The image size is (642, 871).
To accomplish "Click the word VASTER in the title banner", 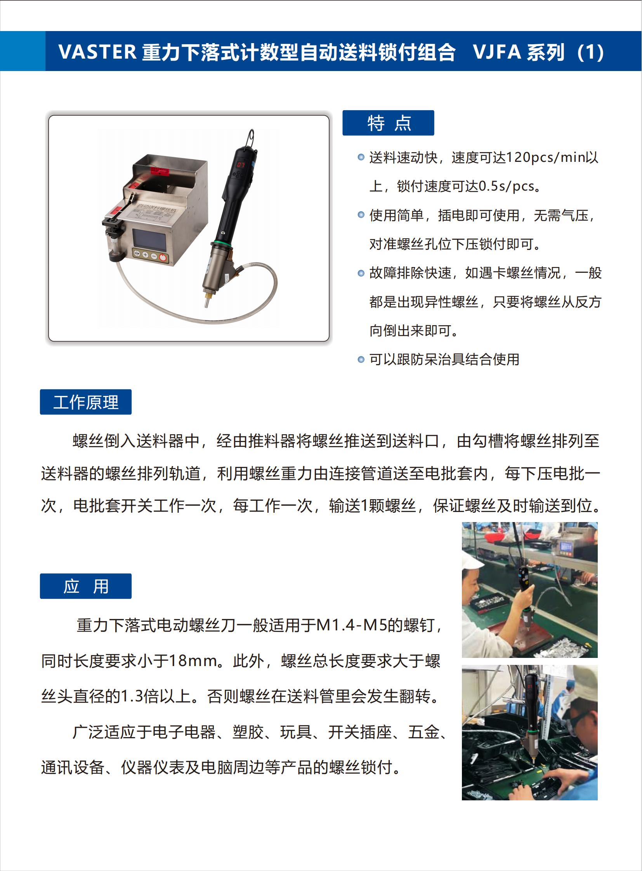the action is (x=97, y=52).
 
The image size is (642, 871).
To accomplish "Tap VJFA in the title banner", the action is (x=497, y=52).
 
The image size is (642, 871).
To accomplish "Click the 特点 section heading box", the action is (x=388, y=123).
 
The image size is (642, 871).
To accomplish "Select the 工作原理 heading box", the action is (x=86, y=402).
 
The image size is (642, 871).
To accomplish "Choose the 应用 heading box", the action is (x=86, y=586).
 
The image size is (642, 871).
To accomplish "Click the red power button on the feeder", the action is (x=163, y=257).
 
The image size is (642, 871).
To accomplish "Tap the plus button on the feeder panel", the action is (x=145, y=255).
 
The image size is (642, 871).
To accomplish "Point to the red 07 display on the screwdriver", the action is (x=241, y=165).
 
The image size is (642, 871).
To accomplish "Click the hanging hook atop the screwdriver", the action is (x=251, y=138).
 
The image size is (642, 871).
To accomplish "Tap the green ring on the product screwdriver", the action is (x=221, y=245).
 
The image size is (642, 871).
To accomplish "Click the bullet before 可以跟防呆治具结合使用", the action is (x=361, y=359).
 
